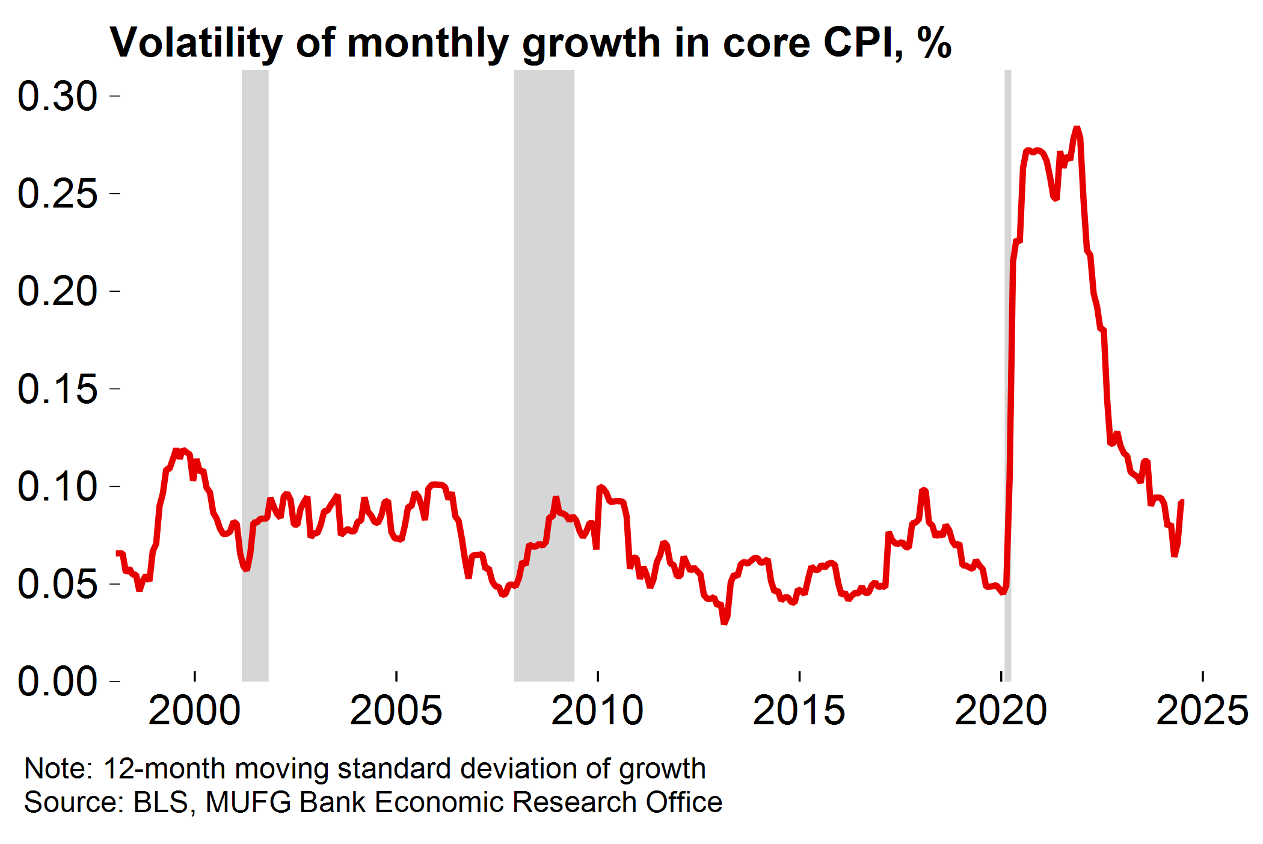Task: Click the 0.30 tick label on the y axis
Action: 57,96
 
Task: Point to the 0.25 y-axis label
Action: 57,194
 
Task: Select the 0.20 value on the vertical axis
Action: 57,291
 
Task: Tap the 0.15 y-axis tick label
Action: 57,389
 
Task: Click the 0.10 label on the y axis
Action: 57,487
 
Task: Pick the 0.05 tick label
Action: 57,584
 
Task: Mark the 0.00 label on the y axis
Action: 57,682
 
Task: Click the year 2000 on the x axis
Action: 194,711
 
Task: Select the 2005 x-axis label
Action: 396,711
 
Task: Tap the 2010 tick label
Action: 597,711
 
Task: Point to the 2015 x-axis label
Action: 799,711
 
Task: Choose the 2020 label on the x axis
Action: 1001,711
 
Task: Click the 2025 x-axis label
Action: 1202,711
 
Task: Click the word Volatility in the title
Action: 196,43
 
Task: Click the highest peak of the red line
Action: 1077,129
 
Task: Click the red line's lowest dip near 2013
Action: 725,622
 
